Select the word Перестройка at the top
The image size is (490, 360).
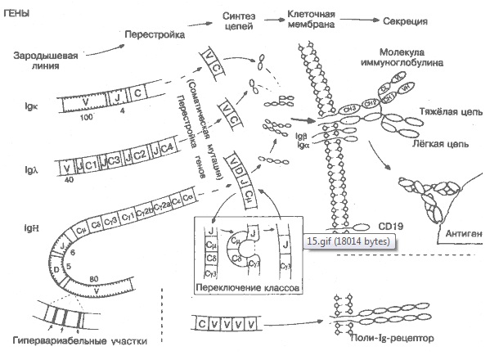click(154, 35)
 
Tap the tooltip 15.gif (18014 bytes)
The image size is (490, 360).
click(349, 241)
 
